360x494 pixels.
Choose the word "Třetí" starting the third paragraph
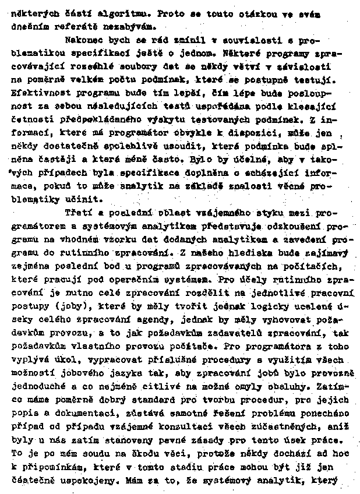(x=77, y=211)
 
